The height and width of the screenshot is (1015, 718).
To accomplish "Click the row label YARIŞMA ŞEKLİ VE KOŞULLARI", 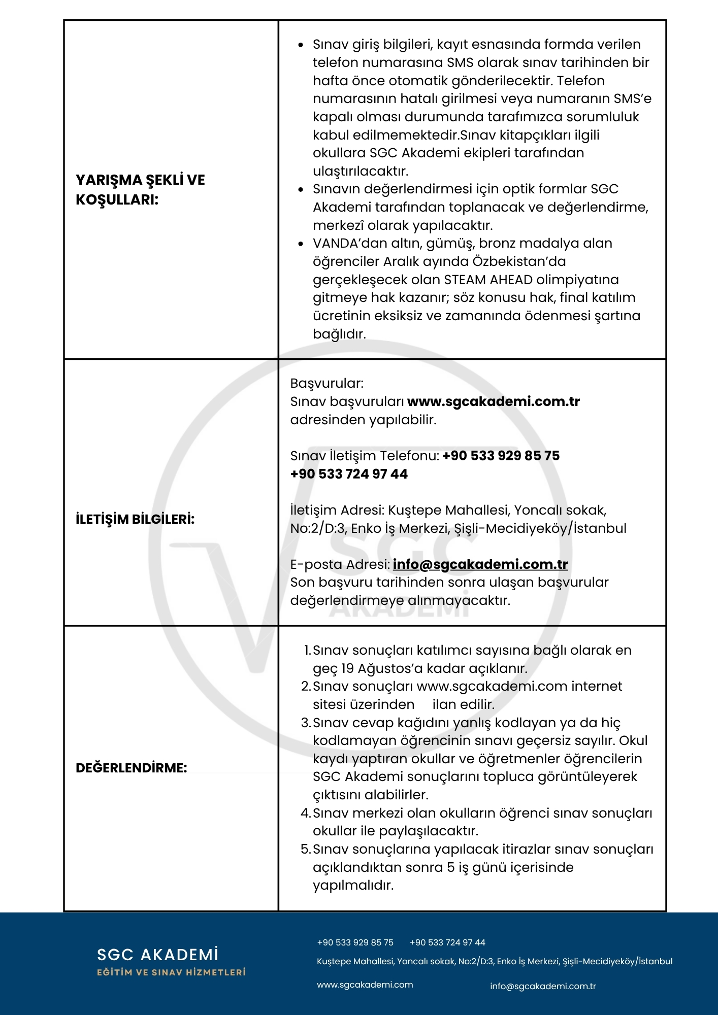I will pos(140,190).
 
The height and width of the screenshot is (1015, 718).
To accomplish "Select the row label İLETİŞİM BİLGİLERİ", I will pos(135,519).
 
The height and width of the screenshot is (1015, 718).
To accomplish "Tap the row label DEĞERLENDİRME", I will pos(131,768).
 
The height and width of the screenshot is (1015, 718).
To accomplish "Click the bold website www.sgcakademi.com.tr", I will pos(493,401).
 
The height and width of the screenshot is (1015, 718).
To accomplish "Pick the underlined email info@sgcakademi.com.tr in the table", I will pos(480,564).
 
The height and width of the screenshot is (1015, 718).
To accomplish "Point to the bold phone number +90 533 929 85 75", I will pos(501,456).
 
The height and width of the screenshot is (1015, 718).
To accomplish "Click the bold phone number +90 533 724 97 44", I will pos(349,474).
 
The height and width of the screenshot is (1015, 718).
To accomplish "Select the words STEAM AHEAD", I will pos(488,280).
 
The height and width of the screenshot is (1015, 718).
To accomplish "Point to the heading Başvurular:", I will pos(327,383).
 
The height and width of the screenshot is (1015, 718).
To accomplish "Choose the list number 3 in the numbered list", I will pos(306,723).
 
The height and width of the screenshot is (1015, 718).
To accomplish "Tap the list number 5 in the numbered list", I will pos(306,849).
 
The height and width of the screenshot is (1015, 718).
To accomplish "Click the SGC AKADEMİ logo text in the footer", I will pos(157,955).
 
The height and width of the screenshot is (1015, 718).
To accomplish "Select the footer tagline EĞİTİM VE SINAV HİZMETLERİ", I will pos(171,972).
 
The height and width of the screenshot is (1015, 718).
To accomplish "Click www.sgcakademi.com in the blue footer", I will pos(365,985).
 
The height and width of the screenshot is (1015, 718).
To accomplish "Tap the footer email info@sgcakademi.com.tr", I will pos(542,986).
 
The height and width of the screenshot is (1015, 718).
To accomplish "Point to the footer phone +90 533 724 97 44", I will pos(447,942).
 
